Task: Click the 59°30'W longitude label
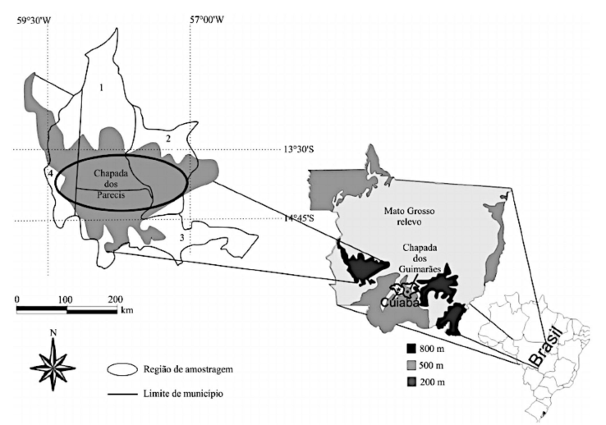tap(34, 20)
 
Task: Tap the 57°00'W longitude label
tap(207, 20)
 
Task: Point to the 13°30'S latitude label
tap(298, 149)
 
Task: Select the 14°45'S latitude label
tap(298, 218)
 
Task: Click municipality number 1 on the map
tap(101, 88)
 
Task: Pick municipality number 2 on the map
tap(168, 139)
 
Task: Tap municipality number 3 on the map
tap(181, 238)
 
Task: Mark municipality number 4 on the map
tap(50, 174)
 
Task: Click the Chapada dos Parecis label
tap(111, 184)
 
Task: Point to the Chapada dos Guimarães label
tap(420, 258)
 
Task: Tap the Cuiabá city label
tap(400, 303)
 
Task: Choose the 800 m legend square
tap(411, 349)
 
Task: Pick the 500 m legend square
tap(411, 365)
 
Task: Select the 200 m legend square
tap(411, 382)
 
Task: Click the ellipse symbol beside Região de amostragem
tap(122, 369)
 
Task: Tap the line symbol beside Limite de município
tap(122, 394)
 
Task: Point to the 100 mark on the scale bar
tap(66, 299)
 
